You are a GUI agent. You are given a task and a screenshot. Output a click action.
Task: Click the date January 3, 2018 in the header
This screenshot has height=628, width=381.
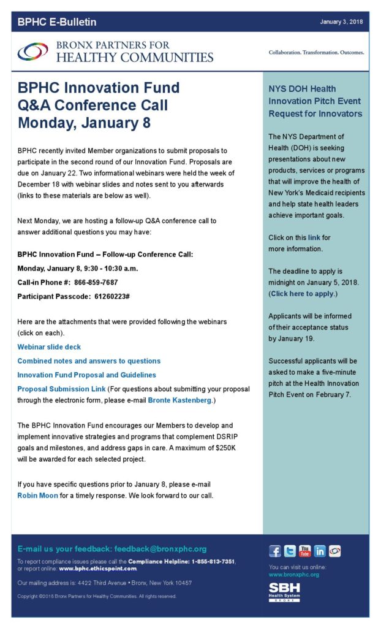[341, 22]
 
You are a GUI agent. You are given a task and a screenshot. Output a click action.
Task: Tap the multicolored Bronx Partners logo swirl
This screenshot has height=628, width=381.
[32, 52]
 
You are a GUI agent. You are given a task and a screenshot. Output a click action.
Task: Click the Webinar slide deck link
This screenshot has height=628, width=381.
[49, 347]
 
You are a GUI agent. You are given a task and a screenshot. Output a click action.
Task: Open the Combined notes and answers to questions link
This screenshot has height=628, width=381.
[89, 361]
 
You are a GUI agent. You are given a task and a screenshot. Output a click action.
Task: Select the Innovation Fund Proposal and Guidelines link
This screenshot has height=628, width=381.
[86, 375]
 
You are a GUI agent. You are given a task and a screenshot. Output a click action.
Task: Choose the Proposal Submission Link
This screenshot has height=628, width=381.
[61, 389]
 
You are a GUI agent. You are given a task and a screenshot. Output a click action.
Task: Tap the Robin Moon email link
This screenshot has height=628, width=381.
[37, 496]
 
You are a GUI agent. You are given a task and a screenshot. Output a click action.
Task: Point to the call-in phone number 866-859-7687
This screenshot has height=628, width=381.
[96, 283]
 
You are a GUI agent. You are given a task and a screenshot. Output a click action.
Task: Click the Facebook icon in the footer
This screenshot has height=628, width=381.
[275, 551]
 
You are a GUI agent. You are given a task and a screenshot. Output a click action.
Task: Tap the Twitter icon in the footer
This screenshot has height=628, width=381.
[290, 551]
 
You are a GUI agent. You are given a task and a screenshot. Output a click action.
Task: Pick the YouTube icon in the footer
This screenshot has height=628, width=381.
[304, 551]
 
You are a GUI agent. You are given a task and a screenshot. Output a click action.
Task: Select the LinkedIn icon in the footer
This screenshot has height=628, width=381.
[320, 551]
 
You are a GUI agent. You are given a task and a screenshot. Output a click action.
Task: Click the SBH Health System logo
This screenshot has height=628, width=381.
[285, 592]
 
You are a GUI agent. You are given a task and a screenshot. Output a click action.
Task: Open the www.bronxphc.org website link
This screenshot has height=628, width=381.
[294, 575]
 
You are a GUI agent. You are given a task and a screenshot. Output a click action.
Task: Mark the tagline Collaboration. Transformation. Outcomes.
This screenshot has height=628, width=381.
[316, 53]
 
